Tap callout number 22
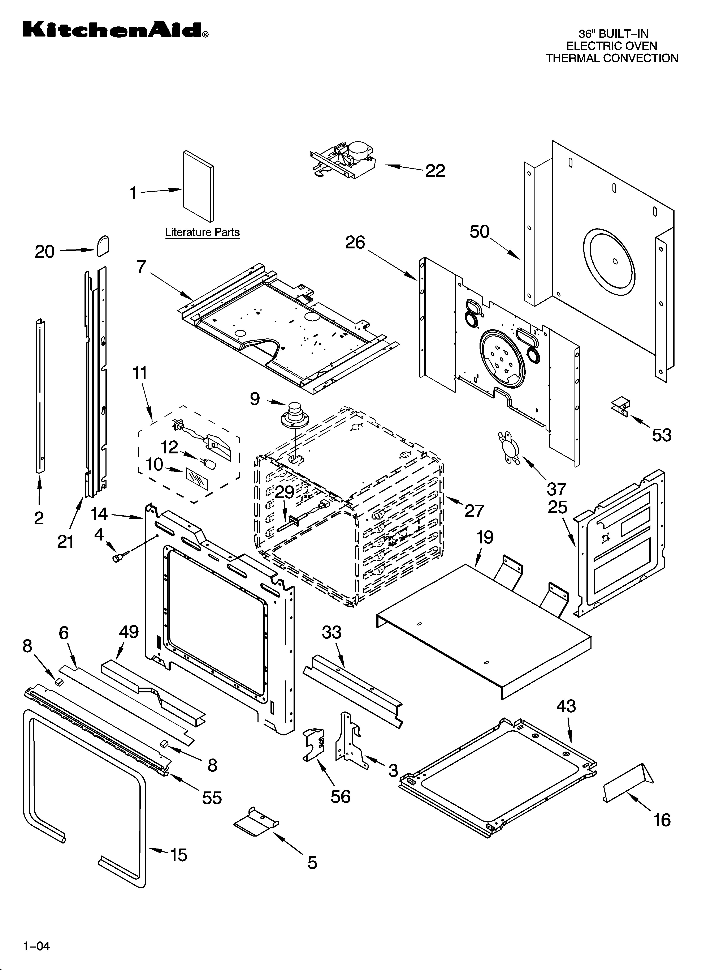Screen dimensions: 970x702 point(435,171)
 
